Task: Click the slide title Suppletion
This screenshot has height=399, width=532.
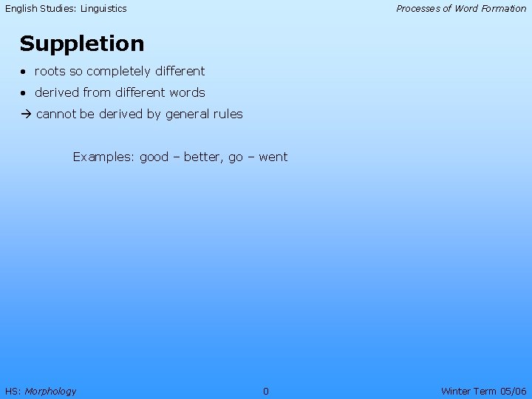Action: pyautogui.click(x=82, y=44)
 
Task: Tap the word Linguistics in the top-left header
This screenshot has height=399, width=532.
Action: pyautogui.click(x=100, y=9)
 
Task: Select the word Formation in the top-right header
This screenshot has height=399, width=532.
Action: pyautogui.click(x=502, y=9)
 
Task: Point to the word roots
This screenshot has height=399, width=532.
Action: pyautogui.click(x=50, y=72)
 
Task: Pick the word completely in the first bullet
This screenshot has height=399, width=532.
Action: pyautogui.click(x=115, y=72)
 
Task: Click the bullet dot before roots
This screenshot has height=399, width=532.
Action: pyautogui.click(x=24, y=72)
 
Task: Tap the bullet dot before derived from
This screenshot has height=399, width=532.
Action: pyautogui.click(x=24, y=93)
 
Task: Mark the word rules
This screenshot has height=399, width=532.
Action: pyautogui.click(x=228, y=115)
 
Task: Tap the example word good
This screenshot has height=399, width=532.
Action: pyautogui.click(x=154, y=157)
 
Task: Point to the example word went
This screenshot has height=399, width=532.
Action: pyautogui.click(x=273, y=157)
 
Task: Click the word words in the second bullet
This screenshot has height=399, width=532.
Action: pyautogui.click(x=187, y=93)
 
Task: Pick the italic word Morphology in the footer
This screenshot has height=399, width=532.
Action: pyautogui.click(x=50, y=391)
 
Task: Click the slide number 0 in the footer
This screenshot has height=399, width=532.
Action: pyautogui.click(x=266, y=391)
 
